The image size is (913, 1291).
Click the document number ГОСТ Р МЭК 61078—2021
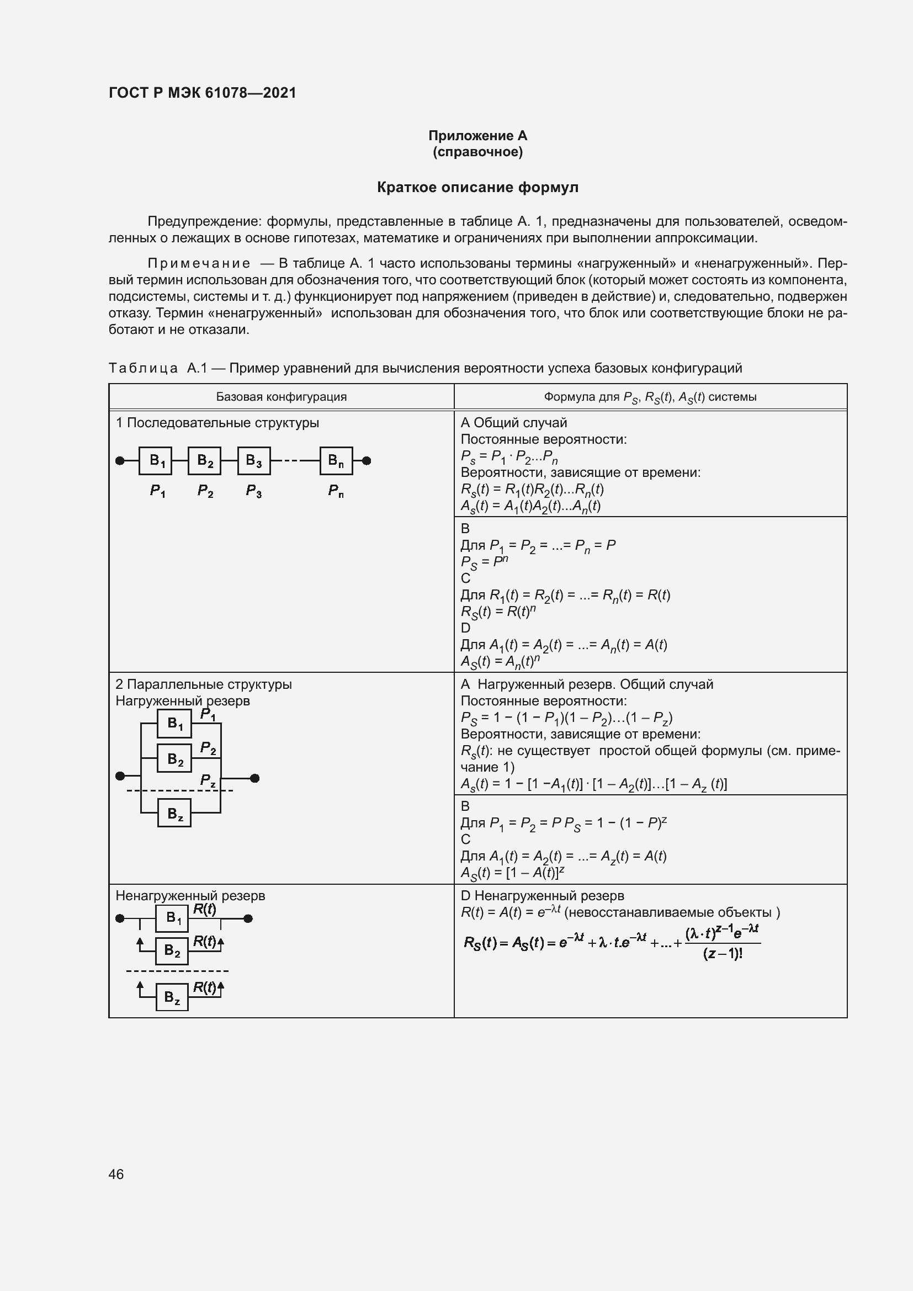[x=203, y=93]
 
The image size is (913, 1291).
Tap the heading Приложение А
[x=477, y=136]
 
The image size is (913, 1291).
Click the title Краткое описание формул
[x=477, y=187]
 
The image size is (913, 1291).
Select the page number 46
[x=116, y=1174]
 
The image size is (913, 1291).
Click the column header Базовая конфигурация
[x=281, y=397]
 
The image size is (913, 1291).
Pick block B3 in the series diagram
[x=253, y=461]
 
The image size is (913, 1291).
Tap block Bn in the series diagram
[x=336, y=461]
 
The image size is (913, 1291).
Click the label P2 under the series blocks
[x=205, y=491]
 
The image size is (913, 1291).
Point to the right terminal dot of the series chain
[x=367, y=461]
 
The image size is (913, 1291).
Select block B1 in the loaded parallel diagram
[x=174, y=724]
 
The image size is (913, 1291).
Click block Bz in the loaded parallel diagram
[x=174, y=813]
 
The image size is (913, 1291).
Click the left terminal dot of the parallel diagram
[x=120, y=776]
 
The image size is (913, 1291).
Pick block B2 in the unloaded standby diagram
[x=172, y=951]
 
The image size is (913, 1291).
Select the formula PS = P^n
[x=484, y=561]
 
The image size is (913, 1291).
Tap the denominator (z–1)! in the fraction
[x=723, y=954]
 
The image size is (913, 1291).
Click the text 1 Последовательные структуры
[x=217, y=423]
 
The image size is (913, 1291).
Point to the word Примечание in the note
[x=199, y=264]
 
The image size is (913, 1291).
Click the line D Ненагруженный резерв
[x=542, y=896]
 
